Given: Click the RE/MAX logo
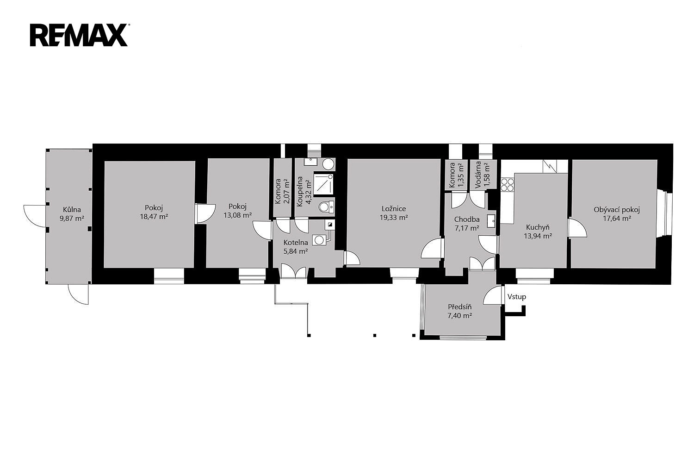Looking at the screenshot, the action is tap(79, 35).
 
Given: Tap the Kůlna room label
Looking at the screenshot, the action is tap(72, 210).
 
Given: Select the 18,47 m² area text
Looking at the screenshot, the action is tap(154, 217).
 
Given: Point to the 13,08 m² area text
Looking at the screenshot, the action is tap(238, 215).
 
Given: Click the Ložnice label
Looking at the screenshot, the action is tap(393, 209).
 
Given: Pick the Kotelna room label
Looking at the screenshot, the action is tap(296, 243).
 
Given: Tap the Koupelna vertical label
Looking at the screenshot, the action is tap(299, 191).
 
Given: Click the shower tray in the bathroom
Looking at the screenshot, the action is tap(324, 184).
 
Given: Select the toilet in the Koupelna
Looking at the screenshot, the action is tap(326, 207).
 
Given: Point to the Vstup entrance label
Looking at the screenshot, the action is tap(516, 297).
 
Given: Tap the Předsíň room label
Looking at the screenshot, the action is tap(460, 307).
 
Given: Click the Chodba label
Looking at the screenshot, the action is tap(466, 219).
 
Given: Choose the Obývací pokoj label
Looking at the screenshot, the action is tap(617, 210).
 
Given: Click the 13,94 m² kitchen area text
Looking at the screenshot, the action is tap(538, 236).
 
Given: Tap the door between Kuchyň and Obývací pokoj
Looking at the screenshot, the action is tap(576, 228).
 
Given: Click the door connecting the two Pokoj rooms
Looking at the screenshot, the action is tap(204, 213).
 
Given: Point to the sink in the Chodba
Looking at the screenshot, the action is tap(491, 221).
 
